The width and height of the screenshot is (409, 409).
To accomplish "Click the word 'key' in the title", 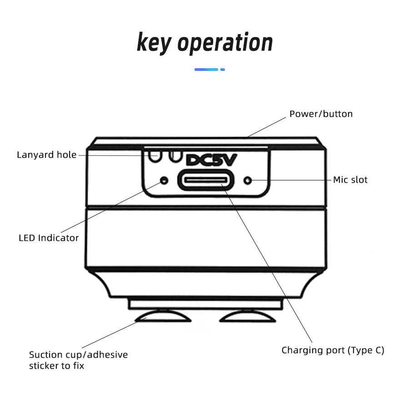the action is pyautogui.click(x=154, y=43).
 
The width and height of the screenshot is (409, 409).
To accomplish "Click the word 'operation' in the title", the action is pyautogui.click(x=225, y=43).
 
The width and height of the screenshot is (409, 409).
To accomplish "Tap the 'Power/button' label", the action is pyautogui.click(x=321, y=114).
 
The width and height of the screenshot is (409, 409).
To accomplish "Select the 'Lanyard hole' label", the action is pyautogui.click(x=47, y=155).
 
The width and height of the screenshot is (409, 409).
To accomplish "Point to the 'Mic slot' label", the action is pyautogui.click(x=350, y=180).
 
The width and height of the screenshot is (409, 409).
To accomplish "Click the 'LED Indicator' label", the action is pyautogui.click(x=49, y=238).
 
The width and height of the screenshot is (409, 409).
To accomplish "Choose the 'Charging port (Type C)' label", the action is pyautogui.click(x=333, y=350).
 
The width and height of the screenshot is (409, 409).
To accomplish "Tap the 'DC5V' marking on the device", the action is pyautogui.click(x=211, y=160).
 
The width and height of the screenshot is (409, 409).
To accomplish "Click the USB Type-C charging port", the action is pyautogui.click(x=206, y=180).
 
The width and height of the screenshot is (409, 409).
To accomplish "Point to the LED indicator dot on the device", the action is pyautogui.click(x=164, y=180).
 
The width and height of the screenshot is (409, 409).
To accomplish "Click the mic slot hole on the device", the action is pyautogui.click(x=248, y=180).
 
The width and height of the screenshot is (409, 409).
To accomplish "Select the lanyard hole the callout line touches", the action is pyautogui.click(x=155, y=156).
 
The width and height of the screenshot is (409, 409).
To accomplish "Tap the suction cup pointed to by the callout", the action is pyautogui.click(x=163, y=316).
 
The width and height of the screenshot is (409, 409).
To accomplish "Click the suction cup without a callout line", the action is pyautogui.click(x=248, y=316).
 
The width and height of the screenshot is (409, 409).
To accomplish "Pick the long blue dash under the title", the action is pyautogui.click(x=206, y=70).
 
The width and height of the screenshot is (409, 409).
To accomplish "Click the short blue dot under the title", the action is pyautogui.click(x=223, y=70).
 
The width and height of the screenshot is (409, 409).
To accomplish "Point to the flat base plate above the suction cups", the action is pyautogui.click(x=206, y=304).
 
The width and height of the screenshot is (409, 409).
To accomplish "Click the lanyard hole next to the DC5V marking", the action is pyautogui.click(x=175, y=156).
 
